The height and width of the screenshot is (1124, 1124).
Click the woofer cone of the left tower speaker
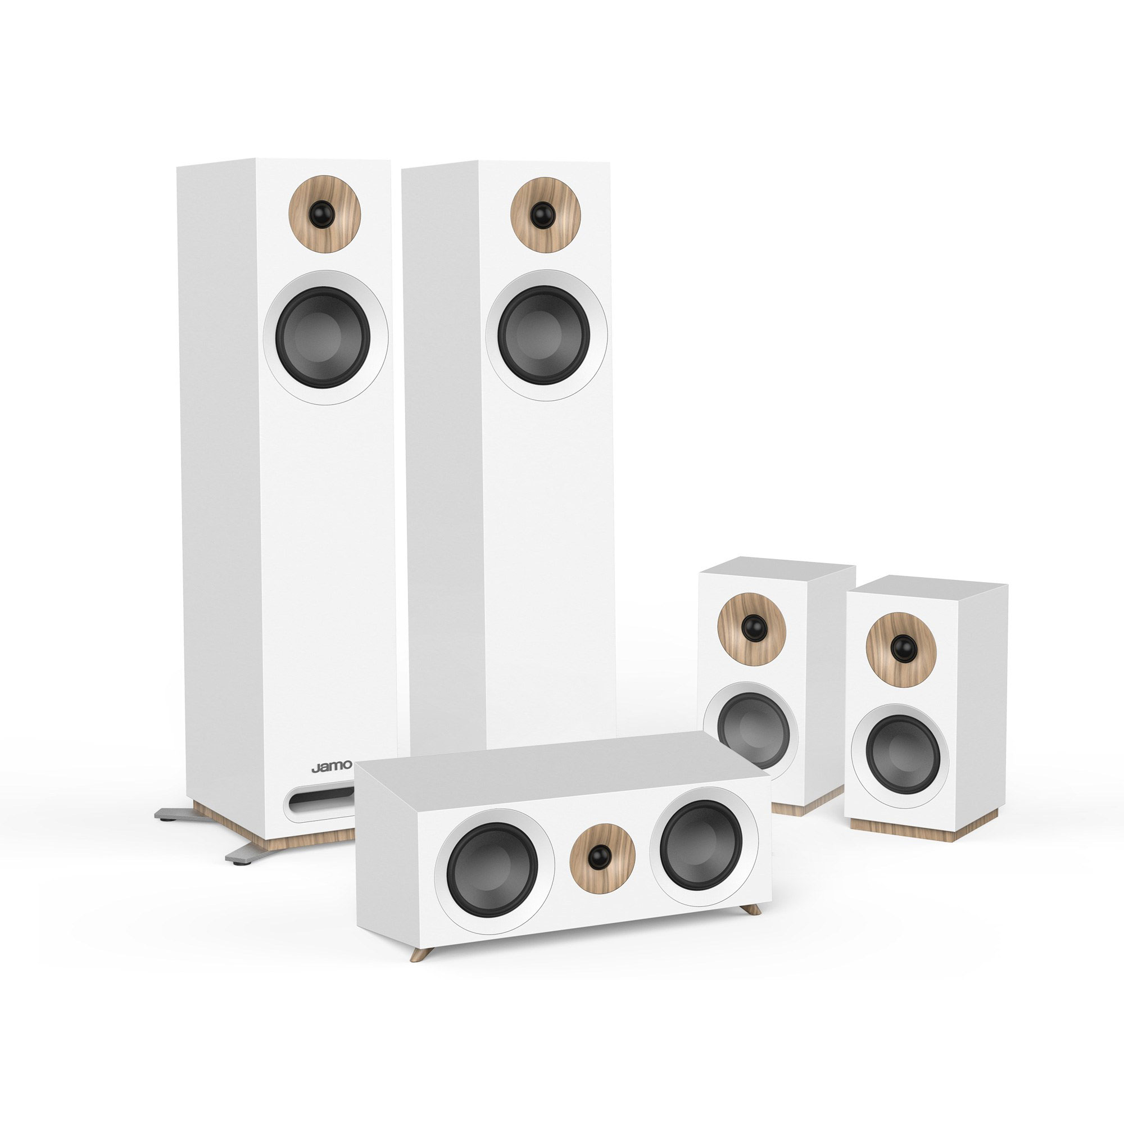tap(324, 337)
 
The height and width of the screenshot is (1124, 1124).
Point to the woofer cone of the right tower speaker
tap(544, 334)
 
